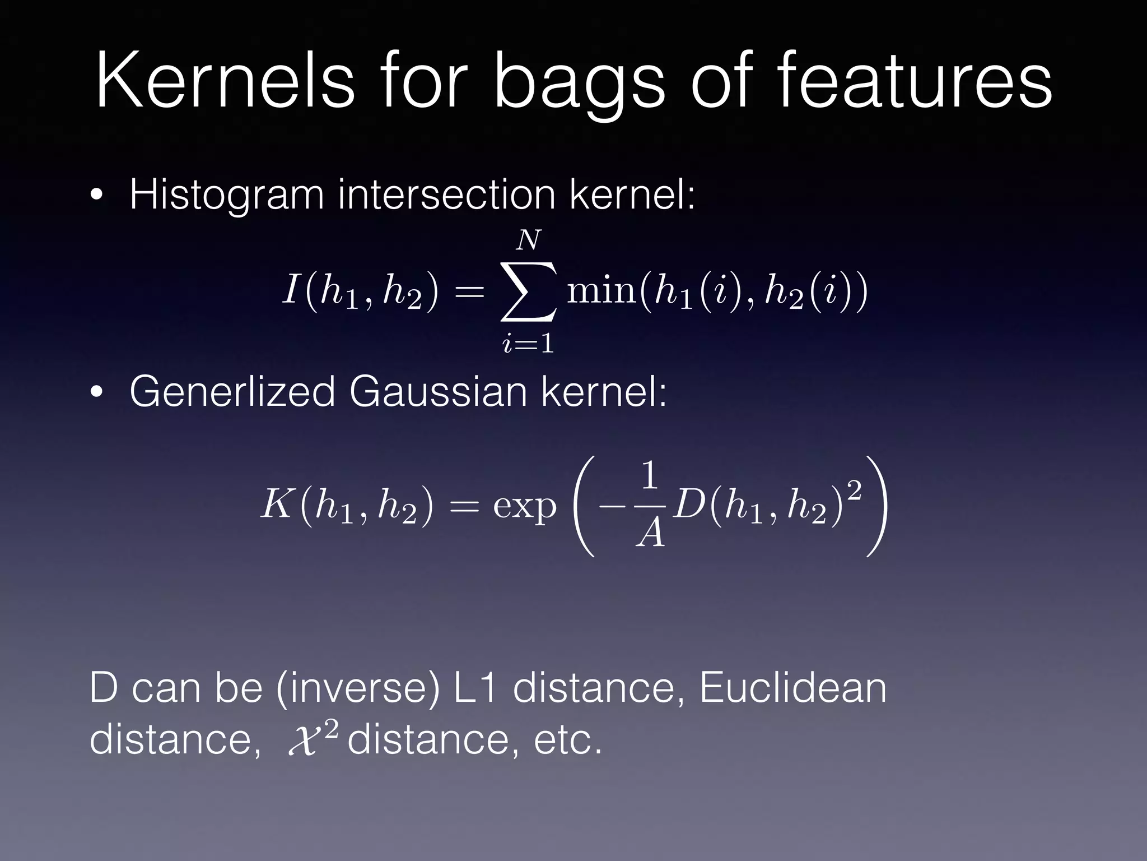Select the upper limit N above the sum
point(528,241)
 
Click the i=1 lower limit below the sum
point(528,343)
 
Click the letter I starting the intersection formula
point(291,290)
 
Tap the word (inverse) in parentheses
point(358,688)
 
